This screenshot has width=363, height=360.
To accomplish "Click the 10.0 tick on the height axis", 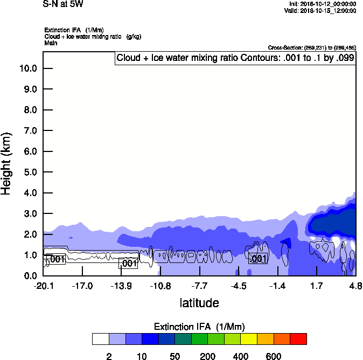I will click(x=29, y=68).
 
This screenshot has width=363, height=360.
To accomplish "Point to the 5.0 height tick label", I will click(x=29, y=172).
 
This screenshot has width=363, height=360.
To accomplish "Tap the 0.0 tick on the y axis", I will click(x=29, y=276).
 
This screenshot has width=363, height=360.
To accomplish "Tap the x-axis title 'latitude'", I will click(x=199, y=303).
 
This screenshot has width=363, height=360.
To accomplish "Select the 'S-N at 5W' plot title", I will click(x=63, y=4).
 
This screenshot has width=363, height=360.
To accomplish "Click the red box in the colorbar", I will click(x=298, y=338).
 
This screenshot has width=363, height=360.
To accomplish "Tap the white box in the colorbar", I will click(x=100, y=338).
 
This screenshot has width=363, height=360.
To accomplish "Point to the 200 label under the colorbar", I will click(x=207, y=356).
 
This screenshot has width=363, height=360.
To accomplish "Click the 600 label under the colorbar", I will click(x=274, y=356).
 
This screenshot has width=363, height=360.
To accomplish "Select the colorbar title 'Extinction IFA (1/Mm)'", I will click(x=199, y=327).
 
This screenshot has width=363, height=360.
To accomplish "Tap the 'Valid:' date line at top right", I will click(x=320, y=10).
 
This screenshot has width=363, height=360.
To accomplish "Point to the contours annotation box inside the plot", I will click(x=235, y=58).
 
